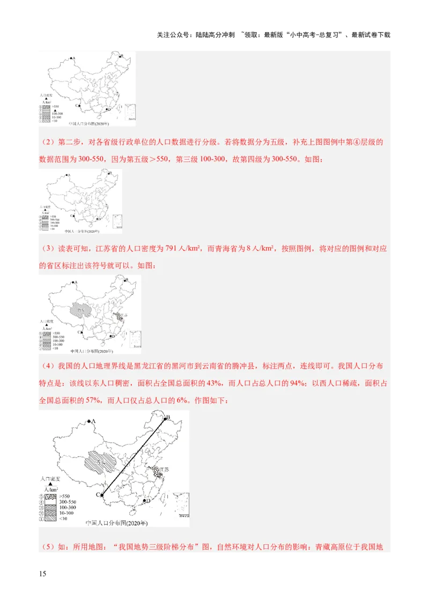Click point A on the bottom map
point(89,422)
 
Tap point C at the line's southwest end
point(101,495)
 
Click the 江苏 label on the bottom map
point(162,469)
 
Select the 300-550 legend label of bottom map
point(68,502)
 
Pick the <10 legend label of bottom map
point(64,519)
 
